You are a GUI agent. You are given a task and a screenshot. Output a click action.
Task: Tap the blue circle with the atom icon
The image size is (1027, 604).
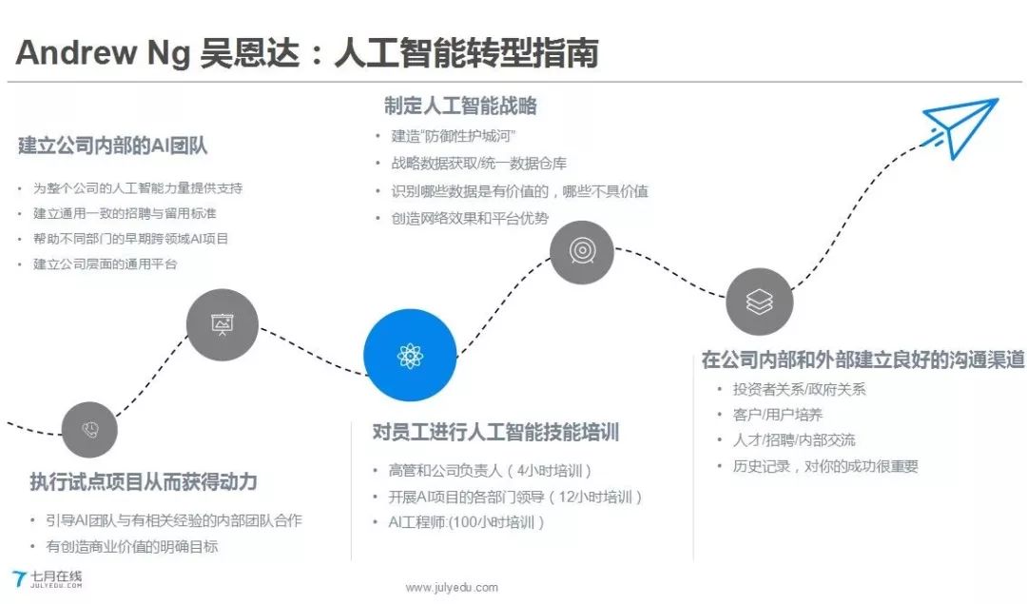click(411, 357)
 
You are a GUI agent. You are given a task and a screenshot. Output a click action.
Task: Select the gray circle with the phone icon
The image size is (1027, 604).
click(89, 429)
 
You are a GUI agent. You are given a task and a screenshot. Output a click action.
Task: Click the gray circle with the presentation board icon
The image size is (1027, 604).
click(223, 325)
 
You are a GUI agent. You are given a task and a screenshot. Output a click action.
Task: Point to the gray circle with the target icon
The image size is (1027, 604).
click(581, 250)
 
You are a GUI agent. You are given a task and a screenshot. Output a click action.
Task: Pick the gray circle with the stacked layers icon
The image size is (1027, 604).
click(759, 302)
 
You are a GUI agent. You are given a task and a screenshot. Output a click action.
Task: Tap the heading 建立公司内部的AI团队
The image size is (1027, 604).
click(112, 146)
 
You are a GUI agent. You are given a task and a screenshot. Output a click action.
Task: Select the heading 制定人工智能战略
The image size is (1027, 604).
click(460, 106)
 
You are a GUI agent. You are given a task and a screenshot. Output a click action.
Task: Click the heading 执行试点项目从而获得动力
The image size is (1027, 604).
click(144, 481)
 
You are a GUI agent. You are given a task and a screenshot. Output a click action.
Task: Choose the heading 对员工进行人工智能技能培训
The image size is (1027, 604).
click(495, 433)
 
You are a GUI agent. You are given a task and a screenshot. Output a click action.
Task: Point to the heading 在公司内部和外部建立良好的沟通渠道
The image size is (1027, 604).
click(862, 360)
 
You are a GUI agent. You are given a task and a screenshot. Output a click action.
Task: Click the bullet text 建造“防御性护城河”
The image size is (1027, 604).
click(454, 136)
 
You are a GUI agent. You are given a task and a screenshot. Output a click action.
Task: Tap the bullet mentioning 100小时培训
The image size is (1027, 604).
click(467, 522)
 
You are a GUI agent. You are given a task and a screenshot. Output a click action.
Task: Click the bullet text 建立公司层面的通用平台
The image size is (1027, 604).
click(106, 263)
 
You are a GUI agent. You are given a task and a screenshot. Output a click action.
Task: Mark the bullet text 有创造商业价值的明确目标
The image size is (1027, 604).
click(132, 546)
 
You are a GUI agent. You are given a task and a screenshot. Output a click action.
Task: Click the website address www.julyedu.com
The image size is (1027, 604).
click(452, 588)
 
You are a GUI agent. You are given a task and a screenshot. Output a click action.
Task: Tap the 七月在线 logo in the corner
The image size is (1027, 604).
click(48, 578)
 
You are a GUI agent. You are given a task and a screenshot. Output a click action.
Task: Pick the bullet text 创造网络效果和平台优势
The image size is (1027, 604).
click(470, 218)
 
